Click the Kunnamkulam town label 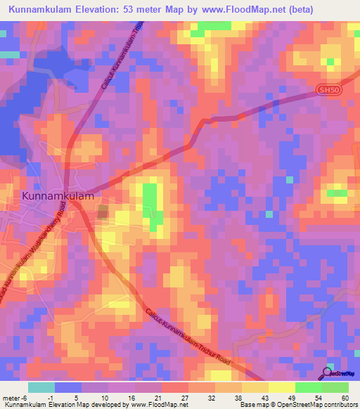[x=58, y=197]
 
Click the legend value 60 [x=343, y=397]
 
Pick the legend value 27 [x=184, y=397]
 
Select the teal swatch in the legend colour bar [x=41, y=387]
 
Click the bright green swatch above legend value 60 [x=335, y=387]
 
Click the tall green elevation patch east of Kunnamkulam [x=150, y=204]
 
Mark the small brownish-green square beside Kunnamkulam [x=103, y=212]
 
